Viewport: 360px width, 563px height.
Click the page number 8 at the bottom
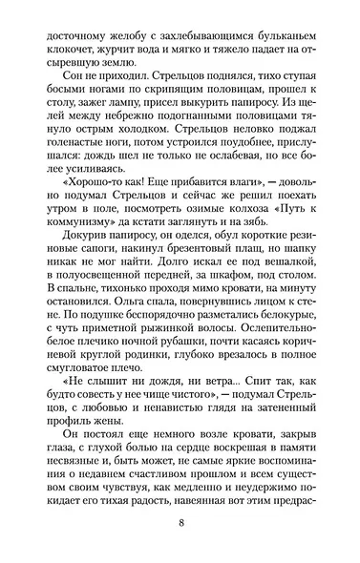pyautogui.click(x=180, y=522)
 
